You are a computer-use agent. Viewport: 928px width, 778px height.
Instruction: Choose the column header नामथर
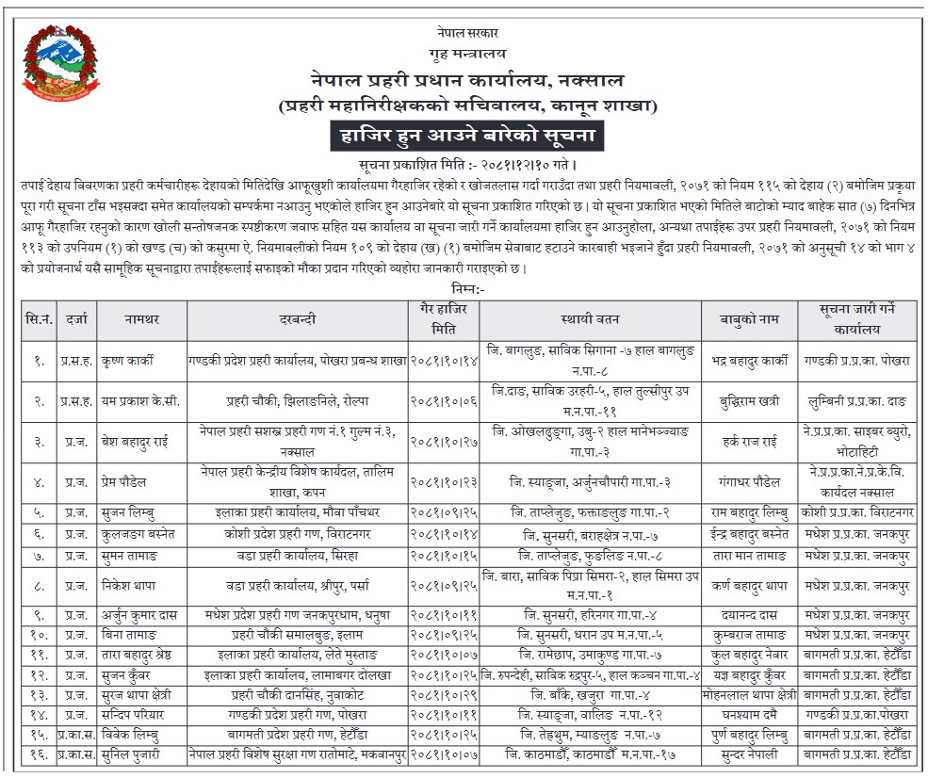tap(139, 318)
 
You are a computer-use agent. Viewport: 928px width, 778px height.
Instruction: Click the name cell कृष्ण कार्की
tap(130, 360)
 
